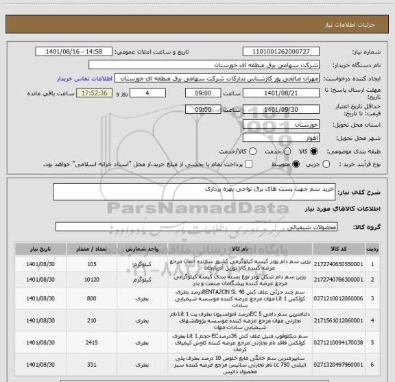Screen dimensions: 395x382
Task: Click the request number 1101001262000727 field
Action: (x=286, y=52)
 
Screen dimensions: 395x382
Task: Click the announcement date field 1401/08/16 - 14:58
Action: (x=73, y=52)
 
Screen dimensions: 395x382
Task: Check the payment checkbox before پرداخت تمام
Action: (x=250, y=165)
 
